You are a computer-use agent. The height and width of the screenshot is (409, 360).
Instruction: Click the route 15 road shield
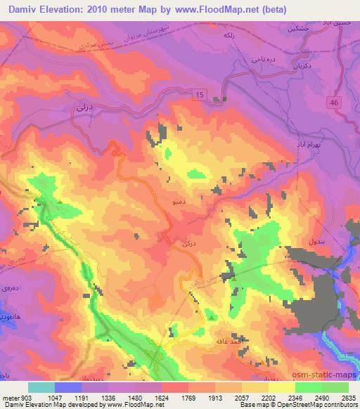(200, 94)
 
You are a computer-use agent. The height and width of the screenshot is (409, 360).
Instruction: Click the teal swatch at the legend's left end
(41, 387)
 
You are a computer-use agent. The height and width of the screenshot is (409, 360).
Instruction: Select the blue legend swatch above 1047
(68, 387)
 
